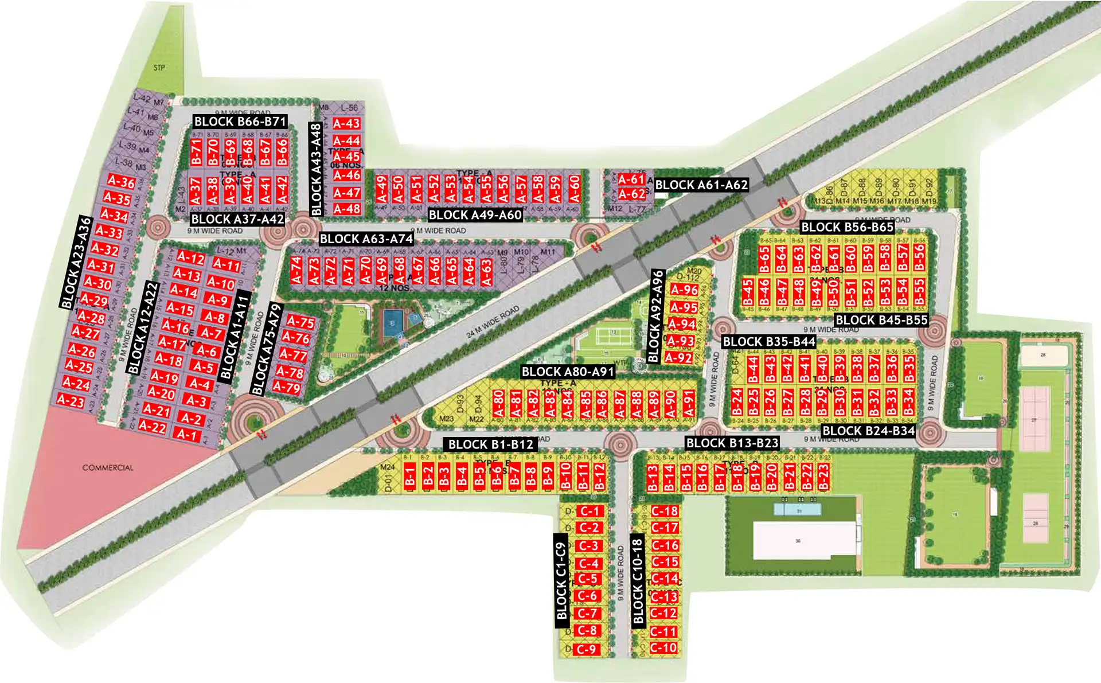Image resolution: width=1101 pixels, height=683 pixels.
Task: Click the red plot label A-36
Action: click(121, 182)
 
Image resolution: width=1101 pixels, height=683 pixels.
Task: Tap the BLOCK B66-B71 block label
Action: click(240, 122)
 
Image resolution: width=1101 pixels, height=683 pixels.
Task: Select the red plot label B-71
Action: click(197, 152)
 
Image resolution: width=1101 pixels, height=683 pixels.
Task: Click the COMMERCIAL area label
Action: click(108, 467)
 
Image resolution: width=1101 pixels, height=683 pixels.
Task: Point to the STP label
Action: click(159, 68)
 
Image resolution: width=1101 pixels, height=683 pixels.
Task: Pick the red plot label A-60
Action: click(574, 189)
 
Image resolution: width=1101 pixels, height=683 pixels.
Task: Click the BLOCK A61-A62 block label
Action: click(701, 185)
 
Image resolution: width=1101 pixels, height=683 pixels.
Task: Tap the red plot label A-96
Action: click(684, 290)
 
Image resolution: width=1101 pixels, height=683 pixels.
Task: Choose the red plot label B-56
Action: click(920, 258)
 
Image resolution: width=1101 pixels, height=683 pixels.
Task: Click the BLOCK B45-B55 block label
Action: click(881, 321)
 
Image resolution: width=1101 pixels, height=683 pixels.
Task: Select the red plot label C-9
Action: click(586, 649)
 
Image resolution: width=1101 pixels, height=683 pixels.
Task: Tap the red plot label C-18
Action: click(665, 511)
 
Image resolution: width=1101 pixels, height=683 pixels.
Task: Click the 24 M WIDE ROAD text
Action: click(493, 321)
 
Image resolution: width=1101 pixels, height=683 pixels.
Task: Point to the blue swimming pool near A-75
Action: click(393, 319)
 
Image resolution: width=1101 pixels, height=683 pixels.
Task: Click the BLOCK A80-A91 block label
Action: click(568, 372)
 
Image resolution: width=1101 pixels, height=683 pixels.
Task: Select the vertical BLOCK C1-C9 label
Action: click(561, 581)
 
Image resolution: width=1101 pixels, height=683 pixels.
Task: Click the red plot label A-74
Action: click(296, 271)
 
